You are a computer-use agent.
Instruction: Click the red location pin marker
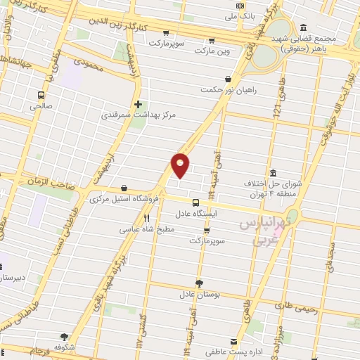point(181,165)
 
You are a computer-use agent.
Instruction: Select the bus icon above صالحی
point(41,95)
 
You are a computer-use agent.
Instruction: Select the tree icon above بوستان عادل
point(200,283)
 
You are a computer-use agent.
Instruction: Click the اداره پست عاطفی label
point(226,350)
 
